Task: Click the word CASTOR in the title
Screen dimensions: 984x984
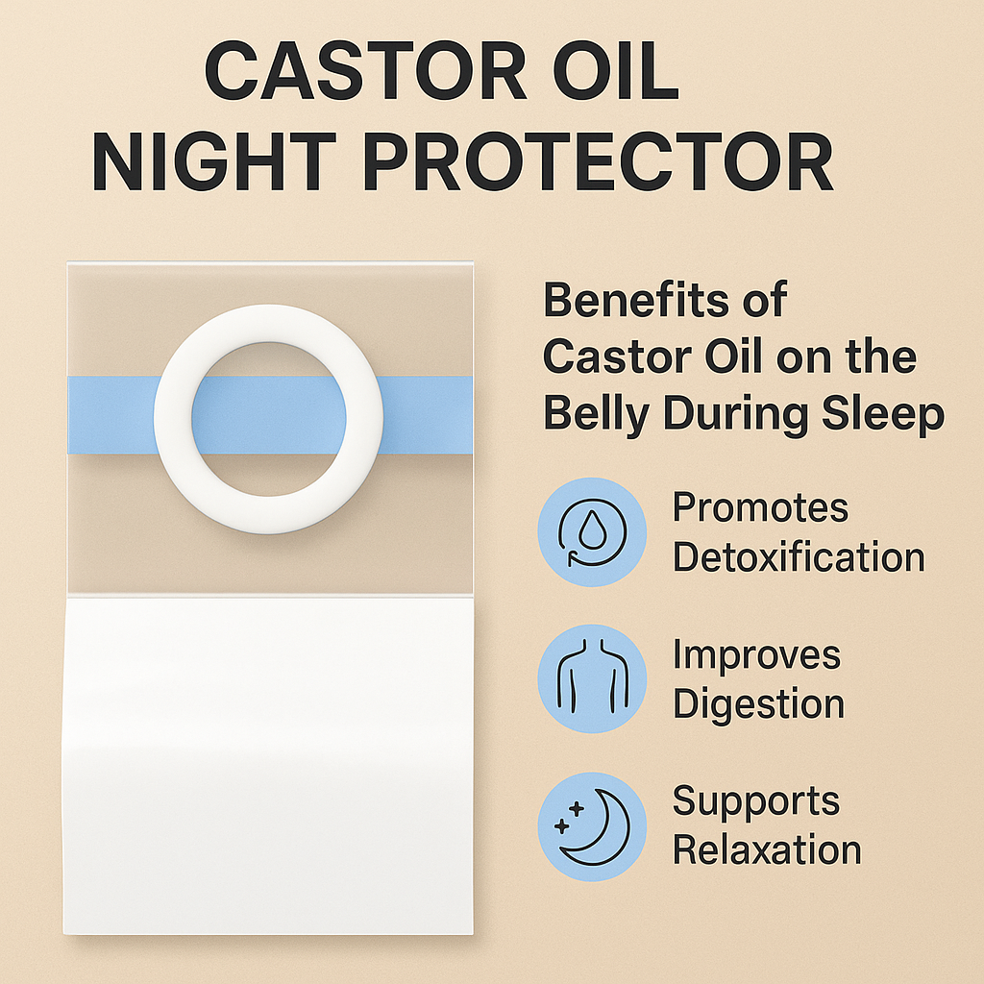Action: click(x=365, y=70)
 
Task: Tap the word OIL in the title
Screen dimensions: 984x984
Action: click(x=616, y=70)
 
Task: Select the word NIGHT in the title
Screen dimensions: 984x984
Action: click(x=214, y=161)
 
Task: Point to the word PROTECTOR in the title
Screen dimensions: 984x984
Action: click(x=598, y=161)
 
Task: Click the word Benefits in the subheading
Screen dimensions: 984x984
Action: click(x=636, y=300)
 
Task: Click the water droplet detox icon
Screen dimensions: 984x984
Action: click(x=592, y=532)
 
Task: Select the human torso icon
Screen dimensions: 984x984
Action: click(x=592, y=677)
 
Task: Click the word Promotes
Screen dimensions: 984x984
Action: click(x=760, y=507)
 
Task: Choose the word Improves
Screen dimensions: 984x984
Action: click(x=756, y=656)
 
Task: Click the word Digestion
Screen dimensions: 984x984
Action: click(x=759, y=704)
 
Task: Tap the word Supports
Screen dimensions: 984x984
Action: click(x=755, y=802)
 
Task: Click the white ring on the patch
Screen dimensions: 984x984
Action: click(x=173, y=419)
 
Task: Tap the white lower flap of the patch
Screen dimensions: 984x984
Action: click(x=269, y=766)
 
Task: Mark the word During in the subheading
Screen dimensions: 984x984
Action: click(x=735, y=415)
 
